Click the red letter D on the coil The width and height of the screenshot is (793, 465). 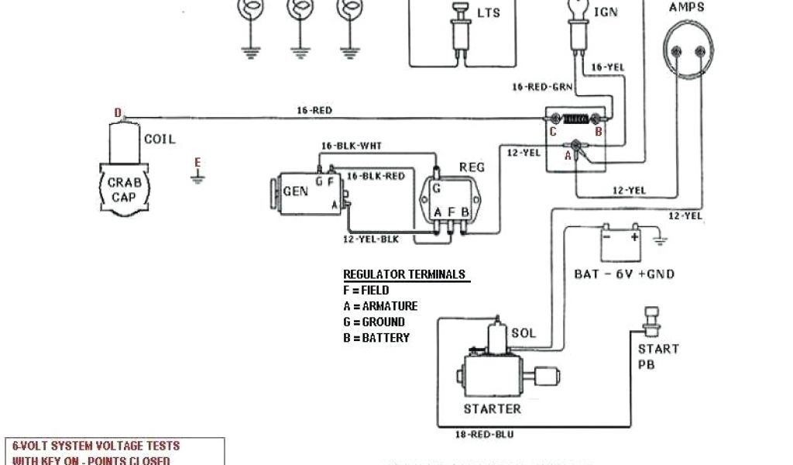coord(118,113)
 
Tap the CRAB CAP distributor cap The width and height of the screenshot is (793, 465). coord(122,189)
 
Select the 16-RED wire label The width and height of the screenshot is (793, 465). coord(314,111)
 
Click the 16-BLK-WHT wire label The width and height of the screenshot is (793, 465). coord(352,146)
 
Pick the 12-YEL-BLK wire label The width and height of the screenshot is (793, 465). coord(369,240)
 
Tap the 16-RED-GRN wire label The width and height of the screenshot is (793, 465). coord(542,87)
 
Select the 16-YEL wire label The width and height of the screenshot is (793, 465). coord(607,68)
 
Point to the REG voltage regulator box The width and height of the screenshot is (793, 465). coord(448,199)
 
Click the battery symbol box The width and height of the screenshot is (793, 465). coord(622,245)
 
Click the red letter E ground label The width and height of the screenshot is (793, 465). coord(197,162)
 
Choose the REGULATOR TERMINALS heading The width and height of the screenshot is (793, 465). coord(404,274)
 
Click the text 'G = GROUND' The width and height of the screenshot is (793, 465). coord(373,322)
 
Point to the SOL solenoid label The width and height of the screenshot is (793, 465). coord(523,332)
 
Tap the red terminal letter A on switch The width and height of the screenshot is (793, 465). coord(568,155)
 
